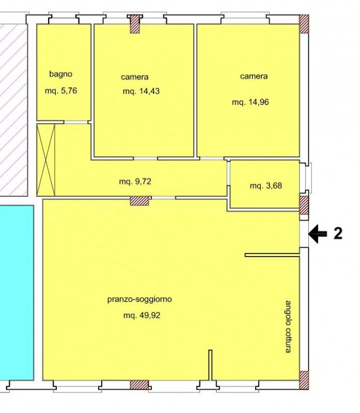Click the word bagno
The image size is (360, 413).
60,74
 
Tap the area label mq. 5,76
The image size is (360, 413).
61,91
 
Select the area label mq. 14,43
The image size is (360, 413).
141,91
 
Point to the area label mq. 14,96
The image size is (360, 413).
251,102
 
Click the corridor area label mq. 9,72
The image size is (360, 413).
135,182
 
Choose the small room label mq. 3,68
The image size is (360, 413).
266,186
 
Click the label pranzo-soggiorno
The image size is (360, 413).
139,299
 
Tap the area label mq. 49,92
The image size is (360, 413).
142,315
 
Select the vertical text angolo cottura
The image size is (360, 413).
289,327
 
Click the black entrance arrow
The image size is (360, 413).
318,234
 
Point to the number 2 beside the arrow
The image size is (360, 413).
338,234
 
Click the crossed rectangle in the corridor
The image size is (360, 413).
46,160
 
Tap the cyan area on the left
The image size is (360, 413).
17,293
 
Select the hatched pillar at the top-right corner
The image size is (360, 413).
304,24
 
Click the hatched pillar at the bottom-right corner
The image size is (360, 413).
304,380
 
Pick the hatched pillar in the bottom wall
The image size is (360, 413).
139,385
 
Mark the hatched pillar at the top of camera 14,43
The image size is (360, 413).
135,24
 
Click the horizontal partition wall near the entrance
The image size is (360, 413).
272,255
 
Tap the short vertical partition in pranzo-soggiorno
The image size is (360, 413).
210,365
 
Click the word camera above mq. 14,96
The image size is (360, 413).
254,76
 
